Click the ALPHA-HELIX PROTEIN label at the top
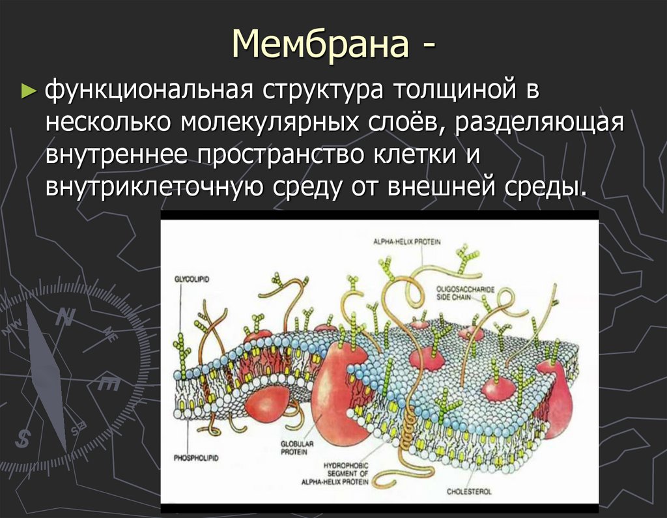[x=406, y=242]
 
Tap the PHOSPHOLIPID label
[x=196, y=458]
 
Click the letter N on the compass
[x=63, y=318]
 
